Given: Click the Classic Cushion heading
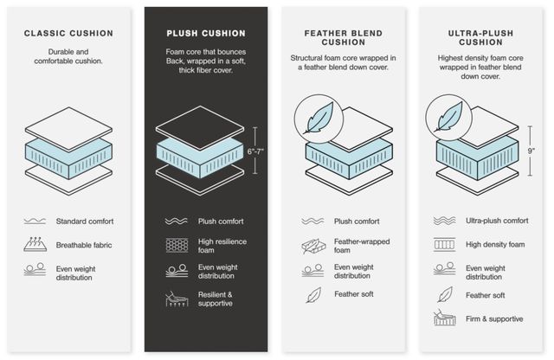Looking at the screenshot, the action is (68, 33).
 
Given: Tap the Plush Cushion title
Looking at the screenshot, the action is (206, 33).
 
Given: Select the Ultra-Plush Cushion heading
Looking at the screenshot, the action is (480, 37).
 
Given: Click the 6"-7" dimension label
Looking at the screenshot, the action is (255, 151).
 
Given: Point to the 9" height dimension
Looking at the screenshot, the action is (531, 151).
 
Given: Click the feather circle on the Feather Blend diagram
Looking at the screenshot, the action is (319, 119).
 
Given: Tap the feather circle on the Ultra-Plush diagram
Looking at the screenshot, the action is (448, 118).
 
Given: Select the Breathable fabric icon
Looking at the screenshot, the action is (35, 244).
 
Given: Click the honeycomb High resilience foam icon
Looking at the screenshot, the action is (177, 245).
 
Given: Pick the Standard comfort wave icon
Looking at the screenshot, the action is (35, 222).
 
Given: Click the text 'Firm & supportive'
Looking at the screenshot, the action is (494, 318).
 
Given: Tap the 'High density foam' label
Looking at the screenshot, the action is (495, 244).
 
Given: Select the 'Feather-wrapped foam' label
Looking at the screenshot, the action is (362, 246).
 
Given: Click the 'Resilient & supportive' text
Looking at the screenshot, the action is (216, 299).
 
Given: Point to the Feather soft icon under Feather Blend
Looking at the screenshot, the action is (313, 295).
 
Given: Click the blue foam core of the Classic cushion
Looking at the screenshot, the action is (68, 157).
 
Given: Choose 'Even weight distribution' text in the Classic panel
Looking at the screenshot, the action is (75, 273).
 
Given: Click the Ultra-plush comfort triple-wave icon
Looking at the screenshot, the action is (444, 221).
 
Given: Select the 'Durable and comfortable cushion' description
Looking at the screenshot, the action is (68, 56).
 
